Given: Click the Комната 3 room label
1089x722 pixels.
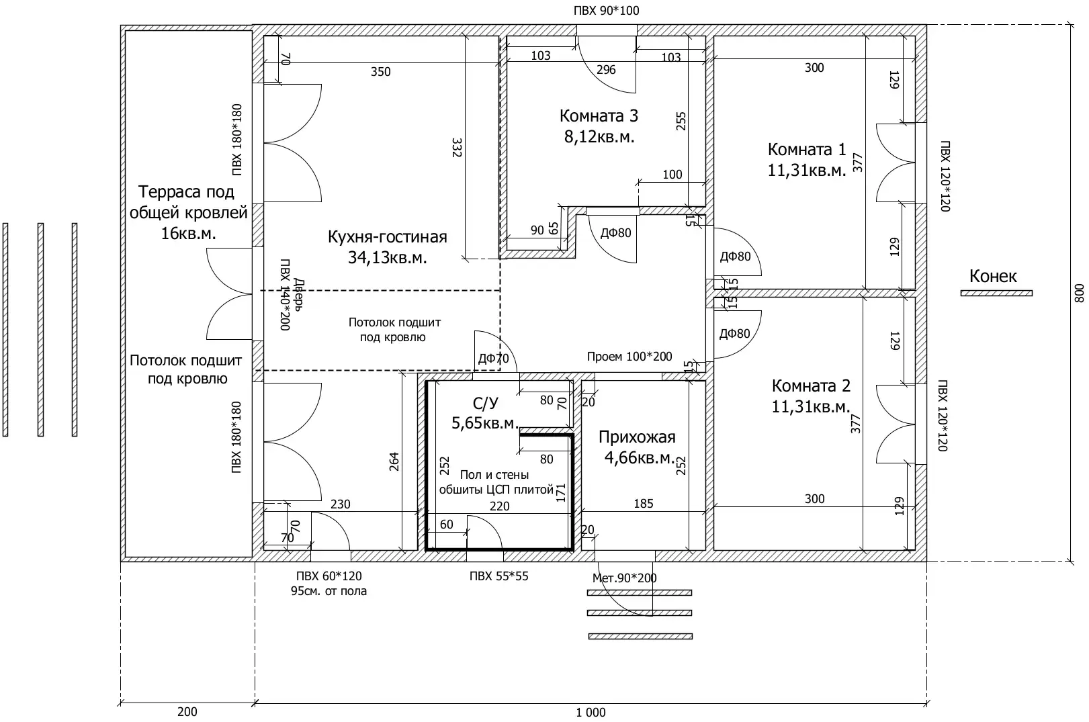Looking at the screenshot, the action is [x=599, y=116].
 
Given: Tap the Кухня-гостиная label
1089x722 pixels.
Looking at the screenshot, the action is [x=388, y=236].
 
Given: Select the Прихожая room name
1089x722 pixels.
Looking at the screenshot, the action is [x=637, y=437].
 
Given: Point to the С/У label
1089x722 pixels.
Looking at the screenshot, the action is [x=485, y=403].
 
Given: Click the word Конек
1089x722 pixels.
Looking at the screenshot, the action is [x=993, y=276].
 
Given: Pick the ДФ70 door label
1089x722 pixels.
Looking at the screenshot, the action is [x=494, y=359].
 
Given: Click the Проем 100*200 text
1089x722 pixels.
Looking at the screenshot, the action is [x=629, y=357].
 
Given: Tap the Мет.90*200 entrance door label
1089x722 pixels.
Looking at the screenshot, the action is [x=624, y=578].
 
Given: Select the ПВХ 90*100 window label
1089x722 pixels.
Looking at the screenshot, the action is [x=606, y=11].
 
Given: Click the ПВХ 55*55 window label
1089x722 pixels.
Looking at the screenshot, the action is [x=498, y=576].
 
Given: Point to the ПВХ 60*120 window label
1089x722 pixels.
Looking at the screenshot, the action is [x=329, y=576].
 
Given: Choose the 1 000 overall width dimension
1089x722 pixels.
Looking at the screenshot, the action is [x=591, y=713].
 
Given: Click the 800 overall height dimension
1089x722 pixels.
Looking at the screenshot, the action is [x=1079, y=293].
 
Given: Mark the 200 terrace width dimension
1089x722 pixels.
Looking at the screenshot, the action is [x=187, y=712].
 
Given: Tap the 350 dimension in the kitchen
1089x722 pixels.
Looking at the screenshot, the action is [x=381, y=72].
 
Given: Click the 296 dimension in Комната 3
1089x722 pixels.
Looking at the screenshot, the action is [x=606, y=70].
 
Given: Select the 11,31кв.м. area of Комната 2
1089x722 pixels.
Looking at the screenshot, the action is [x=811, y=407].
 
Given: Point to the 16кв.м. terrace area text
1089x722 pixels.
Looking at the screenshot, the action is [x=188, y=234].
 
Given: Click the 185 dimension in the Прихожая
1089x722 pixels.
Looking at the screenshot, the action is [x=643, y=504].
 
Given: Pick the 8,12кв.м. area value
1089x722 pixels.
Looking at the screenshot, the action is [x=599, y=137].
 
